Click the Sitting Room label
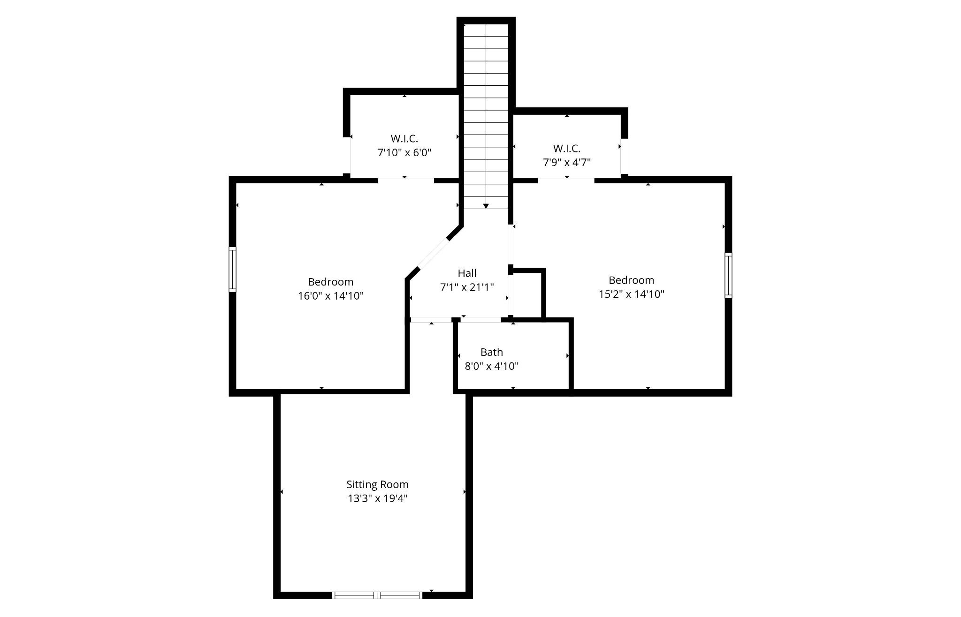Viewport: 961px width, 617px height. pos(377,484)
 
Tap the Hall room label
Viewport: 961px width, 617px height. pos(467,273)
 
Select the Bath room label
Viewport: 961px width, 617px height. pos(491,352)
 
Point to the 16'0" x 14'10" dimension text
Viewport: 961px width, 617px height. pos(331,296)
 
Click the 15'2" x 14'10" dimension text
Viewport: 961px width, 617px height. pos(631,294)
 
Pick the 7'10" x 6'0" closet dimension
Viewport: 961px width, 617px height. pos(404,152)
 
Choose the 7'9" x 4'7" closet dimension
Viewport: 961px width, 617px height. pos(566,162)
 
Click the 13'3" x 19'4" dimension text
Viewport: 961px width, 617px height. pos(377,498)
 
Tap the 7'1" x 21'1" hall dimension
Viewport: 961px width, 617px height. pos(467,287)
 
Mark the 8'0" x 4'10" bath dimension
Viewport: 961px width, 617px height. pos(491,366)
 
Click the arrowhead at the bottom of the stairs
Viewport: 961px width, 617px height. pos(486,206)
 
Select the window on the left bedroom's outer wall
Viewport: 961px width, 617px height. pos(232,270)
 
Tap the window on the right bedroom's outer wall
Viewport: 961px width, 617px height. pos(728,275)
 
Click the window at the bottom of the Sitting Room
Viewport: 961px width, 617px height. pos(377,595)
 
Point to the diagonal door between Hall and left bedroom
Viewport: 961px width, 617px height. pos(433,254)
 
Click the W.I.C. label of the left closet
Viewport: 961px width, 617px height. pos(404,139)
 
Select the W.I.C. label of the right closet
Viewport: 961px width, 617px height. pos(566,149)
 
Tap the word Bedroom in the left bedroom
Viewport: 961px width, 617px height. pos(331,282)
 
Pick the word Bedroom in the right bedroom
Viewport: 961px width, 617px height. pos(631,280)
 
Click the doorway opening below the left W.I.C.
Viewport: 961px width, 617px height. pos(406,180)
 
